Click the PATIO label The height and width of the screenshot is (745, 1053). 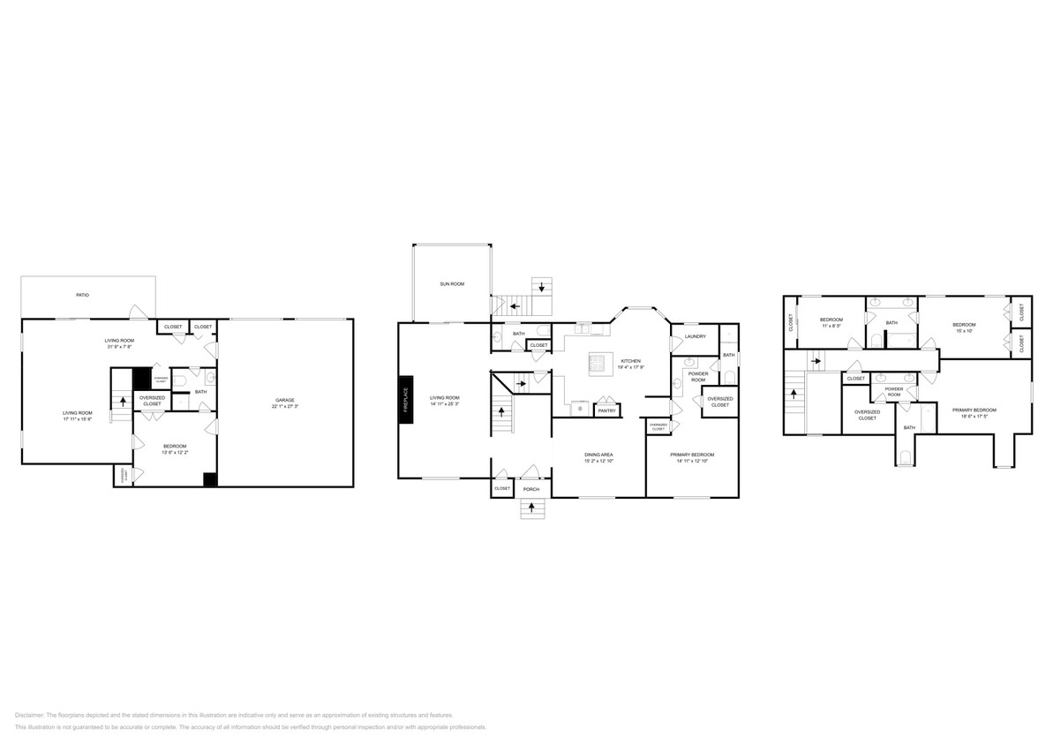[81, 295]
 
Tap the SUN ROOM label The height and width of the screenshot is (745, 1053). [452, 284]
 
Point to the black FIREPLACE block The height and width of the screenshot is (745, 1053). [406, 401]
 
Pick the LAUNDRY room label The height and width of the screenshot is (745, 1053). [695, 336]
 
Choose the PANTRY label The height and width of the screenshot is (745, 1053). [606, 410]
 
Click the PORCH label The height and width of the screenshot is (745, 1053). [530, 488]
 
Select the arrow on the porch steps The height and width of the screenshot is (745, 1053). [530, 507]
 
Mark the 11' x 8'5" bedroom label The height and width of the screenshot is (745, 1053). [831, 322]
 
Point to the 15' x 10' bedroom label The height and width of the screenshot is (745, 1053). [964, 327]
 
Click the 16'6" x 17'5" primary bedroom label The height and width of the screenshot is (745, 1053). [974, 413]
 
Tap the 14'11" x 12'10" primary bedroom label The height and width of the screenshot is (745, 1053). [691, 457]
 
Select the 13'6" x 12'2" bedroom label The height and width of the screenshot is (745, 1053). [176, 449]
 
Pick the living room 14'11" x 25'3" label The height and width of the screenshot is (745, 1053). [444, 402]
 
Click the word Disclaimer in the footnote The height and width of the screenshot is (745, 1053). [29, 715]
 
